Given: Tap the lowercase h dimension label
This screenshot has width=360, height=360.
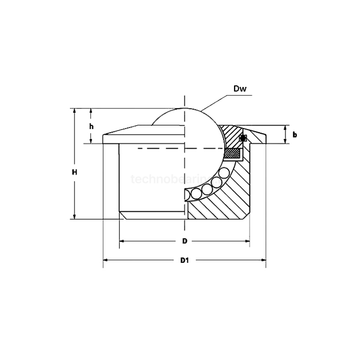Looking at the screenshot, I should [x=91, y=127].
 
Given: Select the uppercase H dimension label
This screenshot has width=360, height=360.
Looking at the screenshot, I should [x=75, y=172].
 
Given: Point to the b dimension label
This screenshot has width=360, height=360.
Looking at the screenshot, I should [x=295, y=135].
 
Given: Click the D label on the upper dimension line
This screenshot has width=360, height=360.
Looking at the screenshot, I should [x=185, y=241].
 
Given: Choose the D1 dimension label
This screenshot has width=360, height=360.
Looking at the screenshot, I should [x=185, y=260].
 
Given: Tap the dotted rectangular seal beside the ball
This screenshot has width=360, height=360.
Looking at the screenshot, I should [x=235, y=153].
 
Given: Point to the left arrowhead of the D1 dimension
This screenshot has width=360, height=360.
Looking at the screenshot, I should [x=106, y=260].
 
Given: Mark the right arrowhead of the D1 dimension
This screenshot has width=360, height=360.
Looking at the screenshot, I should [x=263, y=260].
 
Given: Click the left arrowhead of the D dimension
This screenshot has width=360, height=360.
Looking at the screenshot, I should [x=122, y=241].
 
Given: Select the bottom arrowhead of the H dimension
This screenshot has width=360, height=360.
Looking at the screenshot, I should [x=75, y=216].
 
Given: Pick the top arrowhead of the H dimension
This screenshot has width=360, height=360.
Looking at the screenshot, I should [x=75, y=111].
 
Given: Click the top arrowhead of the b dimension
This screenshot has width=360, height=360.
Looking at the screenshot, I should [x=285, y=128].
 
